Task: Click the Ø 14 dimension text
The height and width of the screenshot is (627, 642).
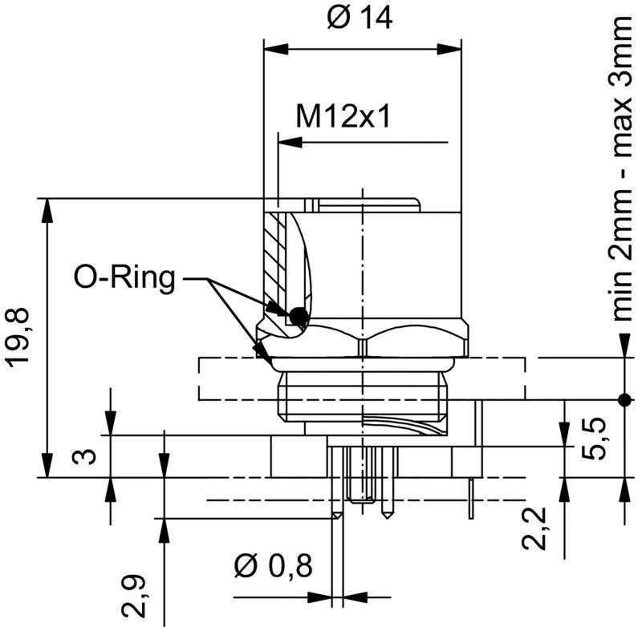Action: tap(361, 18)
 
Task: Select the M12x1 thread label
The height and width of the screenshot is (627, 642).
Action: tap(343, 118)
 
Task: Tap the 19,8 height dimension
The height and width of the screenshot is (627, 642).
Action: tap(22, 338)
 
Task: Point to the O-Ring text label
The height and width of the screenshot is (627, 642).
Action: tap(124, 278)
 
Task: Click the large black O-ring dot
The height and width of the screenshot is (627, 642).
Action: tap(299, 317)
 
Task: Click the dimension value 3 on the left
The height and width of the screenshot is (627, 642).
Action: tap(88, 456)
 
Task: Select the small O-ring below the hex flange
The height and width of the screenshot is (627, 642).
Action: tap(261, 350)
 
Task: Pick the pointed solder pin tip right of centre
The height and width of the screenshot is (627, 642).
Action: tap(388, 511)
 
